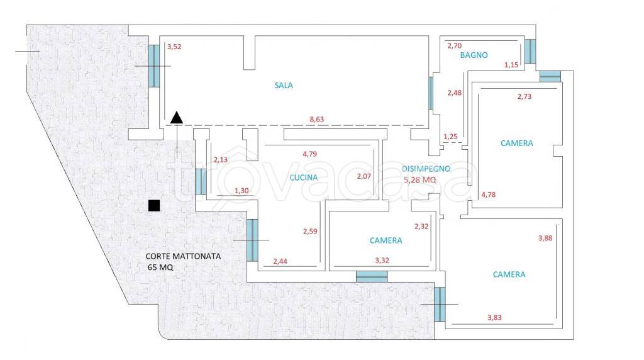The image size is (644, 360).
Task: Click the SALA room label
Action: [x=284, y=86]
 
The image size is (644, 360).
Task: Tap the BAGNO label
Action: [x=474, y=55]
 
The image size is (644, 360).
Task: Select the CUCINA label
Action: [x=304, y=177]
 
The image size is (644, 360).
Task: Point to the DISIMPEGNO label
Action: [x=426, y=169]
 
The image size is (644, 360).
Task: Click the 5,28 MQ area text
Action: [x=419, y=180]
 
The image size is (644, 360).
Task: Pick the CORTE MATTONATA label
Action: [x=183, y=256]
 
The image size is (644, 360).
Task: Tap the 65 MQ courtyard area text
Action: [x=160, y=267]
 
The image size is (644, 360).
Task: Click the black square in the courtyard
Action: [x=154, y=205]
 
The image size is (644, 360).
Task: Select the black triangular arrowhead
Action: [x=177, y=118]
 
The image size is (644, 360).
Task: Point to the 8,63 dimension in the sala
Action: [x=317, y=120]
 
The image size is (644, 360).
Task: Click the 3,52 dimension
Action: [x=174, y=47]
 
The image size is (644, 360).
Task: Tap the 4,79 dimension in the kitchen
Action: [x=309, y=154]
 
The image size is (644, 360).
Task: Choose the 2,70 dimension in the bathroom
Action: [x=455, y=46]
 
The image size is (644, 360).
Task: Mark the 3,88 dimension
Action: [x=545, y=239]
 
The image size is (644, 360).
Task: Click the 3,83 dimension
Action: [x=494, y=318]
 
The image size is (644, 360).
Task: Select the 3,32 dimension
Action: [x=382, y=261]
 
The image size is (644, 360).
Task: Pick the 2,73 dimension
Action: [x=525, y=96]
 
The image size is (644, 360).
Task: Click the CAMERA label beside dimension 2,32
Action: [x=386, y=241]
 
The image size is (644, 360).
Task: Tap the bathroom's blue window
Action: [x=530, y=52]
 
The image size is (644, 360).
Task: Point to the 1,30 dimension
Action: [x=241, y=191]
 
